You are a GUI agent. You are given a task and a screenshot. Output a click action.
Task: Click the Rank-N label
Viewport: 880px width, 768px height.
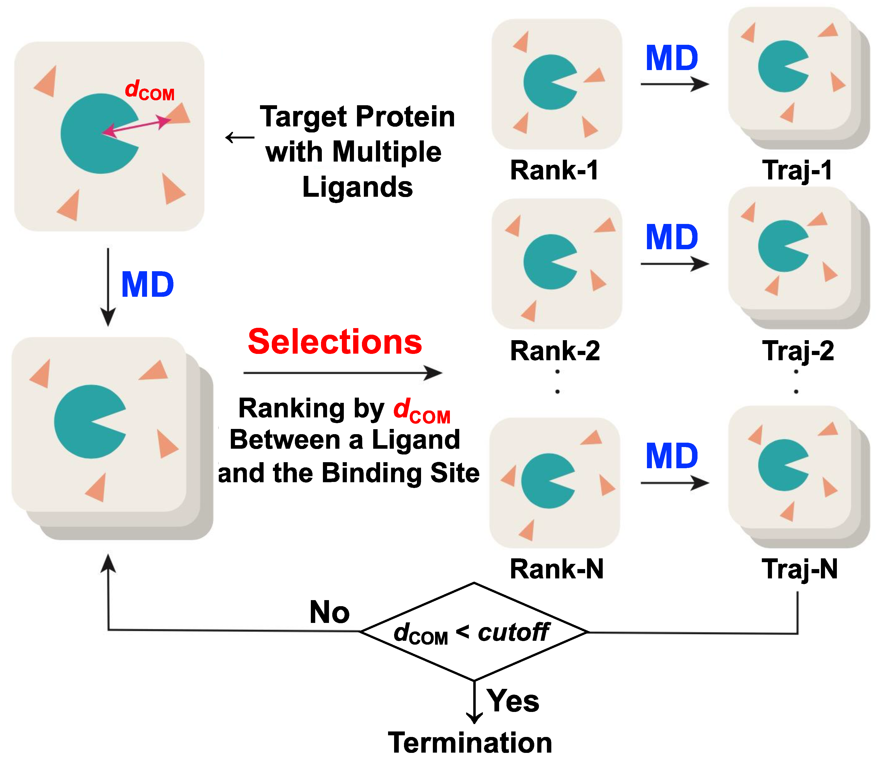pyautogui.click(x=556, y=569)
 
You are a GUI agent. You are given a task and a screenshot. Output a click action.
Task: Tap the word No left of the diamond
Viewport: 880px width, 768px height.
pyautogui.click(x=329, y=612)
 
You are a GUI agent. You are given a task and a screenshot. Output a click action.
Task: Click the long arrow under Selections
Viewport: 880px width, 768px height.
pyautogui.click(x=342, y=373)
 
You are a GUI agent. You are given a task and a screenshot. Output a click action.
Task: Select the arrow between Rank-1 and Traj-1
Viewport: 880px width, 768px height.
pyautogui.click(x=674, y=84)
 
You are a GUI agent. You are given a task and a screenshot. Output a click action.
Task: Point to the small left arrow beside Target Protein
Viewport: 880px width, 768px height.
pyautogui.click(x=240, y=138)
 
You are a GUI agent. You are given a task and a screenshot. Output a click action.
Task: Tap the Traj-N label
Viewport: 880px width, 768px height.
pyautogui.click(x=799, y=569)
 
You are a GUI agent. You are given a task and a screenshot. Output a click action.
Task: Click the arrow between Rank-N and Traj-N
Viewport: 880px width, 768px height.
pyautogui.click(x=674, y=483)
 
